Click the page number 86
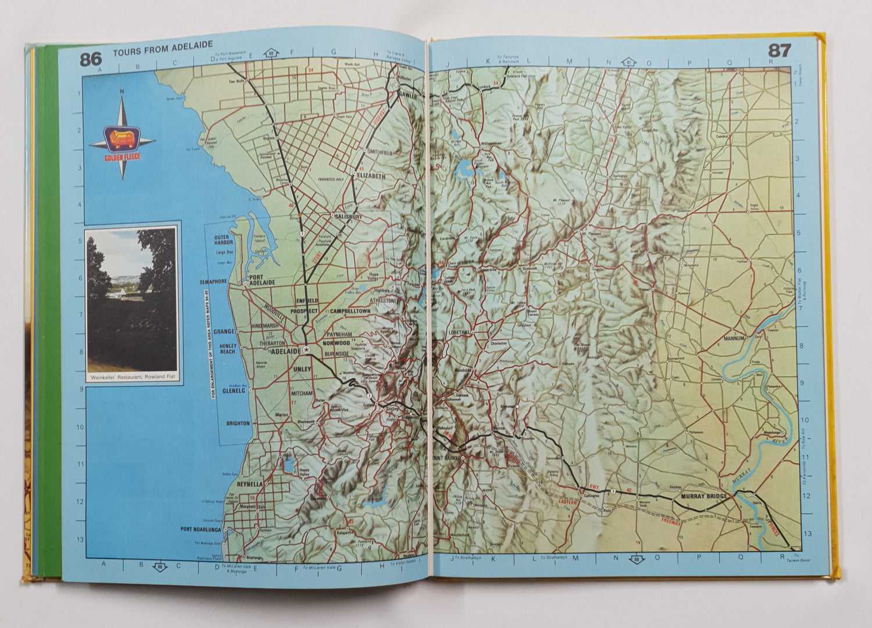tap(91, 59)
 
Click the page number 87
tap(779, 51)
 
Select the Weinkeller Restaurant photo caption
tap(133, 376)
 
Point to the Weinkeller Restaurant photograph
tap(131, 299)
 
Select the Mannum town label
tap(734, 338)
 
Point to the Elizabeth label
tap(371, 175)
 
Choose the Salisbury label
tap(348, 216)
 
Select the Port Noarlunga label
tap(201, 529)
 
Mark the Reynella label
tap(249, 484)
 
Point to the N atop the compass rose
tap(121, 91)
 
